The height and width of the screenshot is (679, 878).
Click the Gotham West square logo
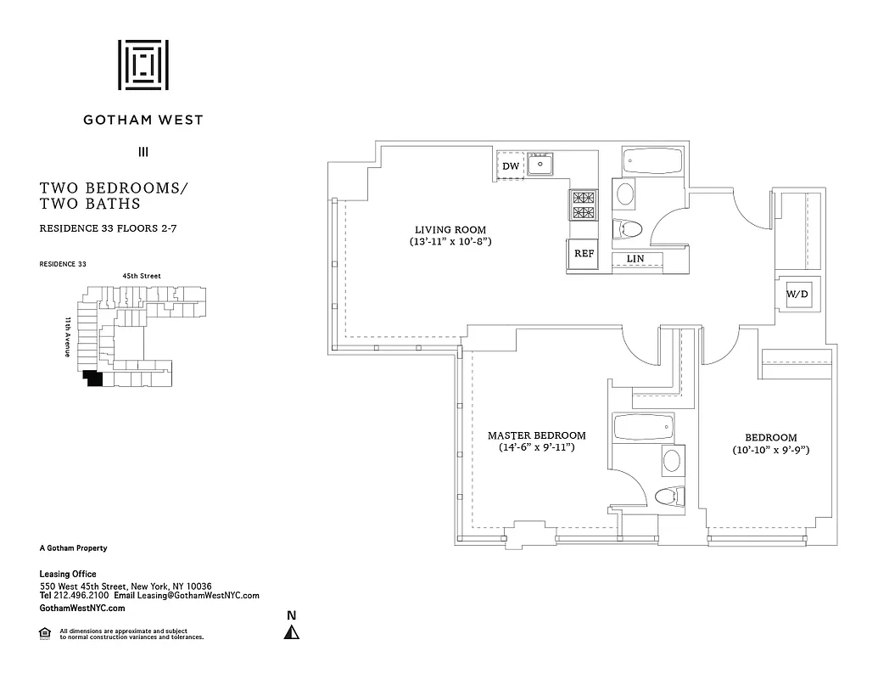click(143, 65)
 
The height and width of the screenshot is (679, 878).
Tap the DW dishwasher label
click(510, 166)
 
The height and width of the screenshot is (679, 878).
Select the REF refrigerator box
click(583, 254)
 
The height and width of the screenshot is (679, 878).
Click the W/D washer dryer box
click(797, 295)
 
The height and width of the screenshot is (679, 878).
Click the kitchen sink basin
click(540, 164)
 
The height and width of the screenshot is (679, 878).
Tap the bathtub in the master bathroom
click(643, 426)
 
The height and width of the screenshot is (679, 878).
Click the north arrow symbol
click(291, 632)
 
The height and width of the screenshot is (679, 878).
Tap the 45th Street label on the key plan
click(142, 276)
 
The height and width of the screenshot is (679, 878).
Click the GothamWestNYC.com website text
click(82, 608)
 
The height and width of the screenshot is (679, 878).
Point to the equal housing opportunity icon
click(45, 632)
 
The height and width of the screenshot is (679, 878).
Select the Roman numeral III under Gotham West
click(143, 152)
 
